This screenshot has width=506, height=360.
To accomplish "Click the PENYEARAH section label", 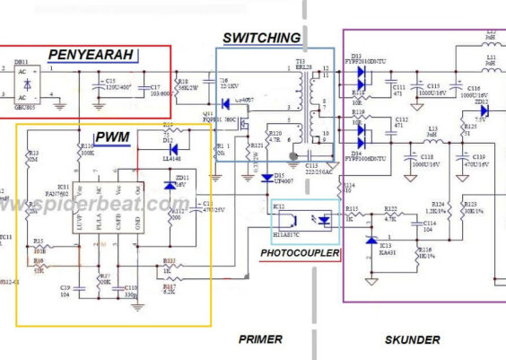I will coord(92,55).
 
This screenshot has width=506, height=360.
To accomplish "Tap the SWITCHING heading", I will coord(261,38).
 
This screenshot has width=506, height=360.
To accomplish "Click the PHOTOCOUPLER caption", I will coord(300,254).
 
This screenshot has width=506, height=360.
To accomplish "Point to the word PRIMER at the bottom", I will coord(261,339).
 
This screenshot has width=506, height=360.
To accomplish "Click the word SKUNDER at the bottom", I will coord(412,339).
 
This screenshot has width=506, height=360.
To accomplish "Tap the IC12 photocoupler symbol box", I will coord(305,222).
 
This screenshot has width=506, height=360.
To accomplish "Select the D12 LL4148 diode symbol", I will coord(174,148).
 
